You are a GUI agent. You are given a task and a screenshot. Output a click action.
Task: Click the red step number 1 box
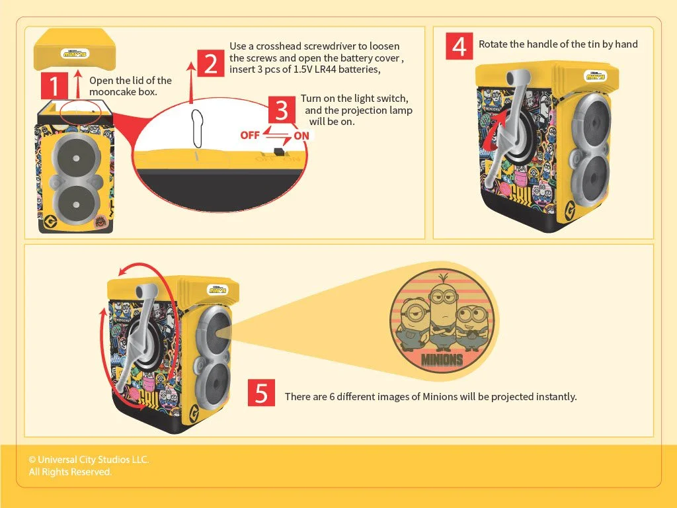54,85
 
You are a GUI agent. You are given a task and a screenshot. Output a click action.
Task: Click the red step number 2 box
210,63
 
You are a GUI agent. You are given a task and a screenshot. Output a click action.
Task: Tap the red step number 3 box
282,110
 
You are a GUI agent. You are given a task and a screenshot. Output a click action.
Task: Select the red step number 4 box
459,46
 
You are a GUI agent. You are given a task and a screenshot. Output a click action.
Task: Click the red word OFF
250,136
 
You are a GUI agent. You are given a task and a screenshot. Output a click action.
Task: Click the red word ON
301,136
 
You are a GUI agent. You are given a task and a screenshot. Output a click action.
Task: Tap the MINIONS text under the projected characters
442,359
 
